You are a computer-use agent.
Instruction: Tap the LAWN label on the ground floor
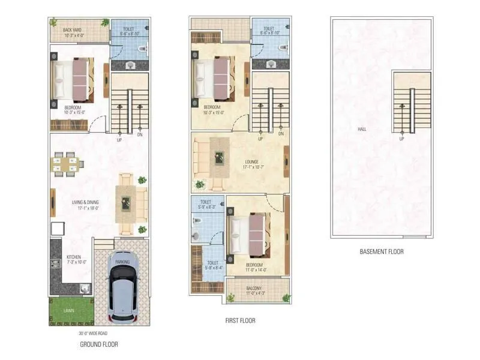[x=69, y=311]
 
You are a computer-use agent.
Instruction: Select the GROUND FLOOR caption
[x=99, y=344]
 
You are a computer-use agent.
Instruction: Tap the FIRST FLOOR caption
[x=240, y=320]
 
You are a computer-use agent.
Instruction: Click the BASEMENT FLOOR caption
[x=381, y=252]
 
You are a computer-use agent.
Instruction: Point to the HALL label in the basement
[x=362, y=129]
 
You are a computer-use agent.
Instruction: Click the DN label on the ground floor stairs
[x=140, y=134]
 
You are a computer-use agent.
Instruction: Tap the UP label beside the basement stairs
[x=401, y=139]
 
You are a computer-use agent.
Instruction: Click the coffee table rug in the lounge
[x=219, y=157]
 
